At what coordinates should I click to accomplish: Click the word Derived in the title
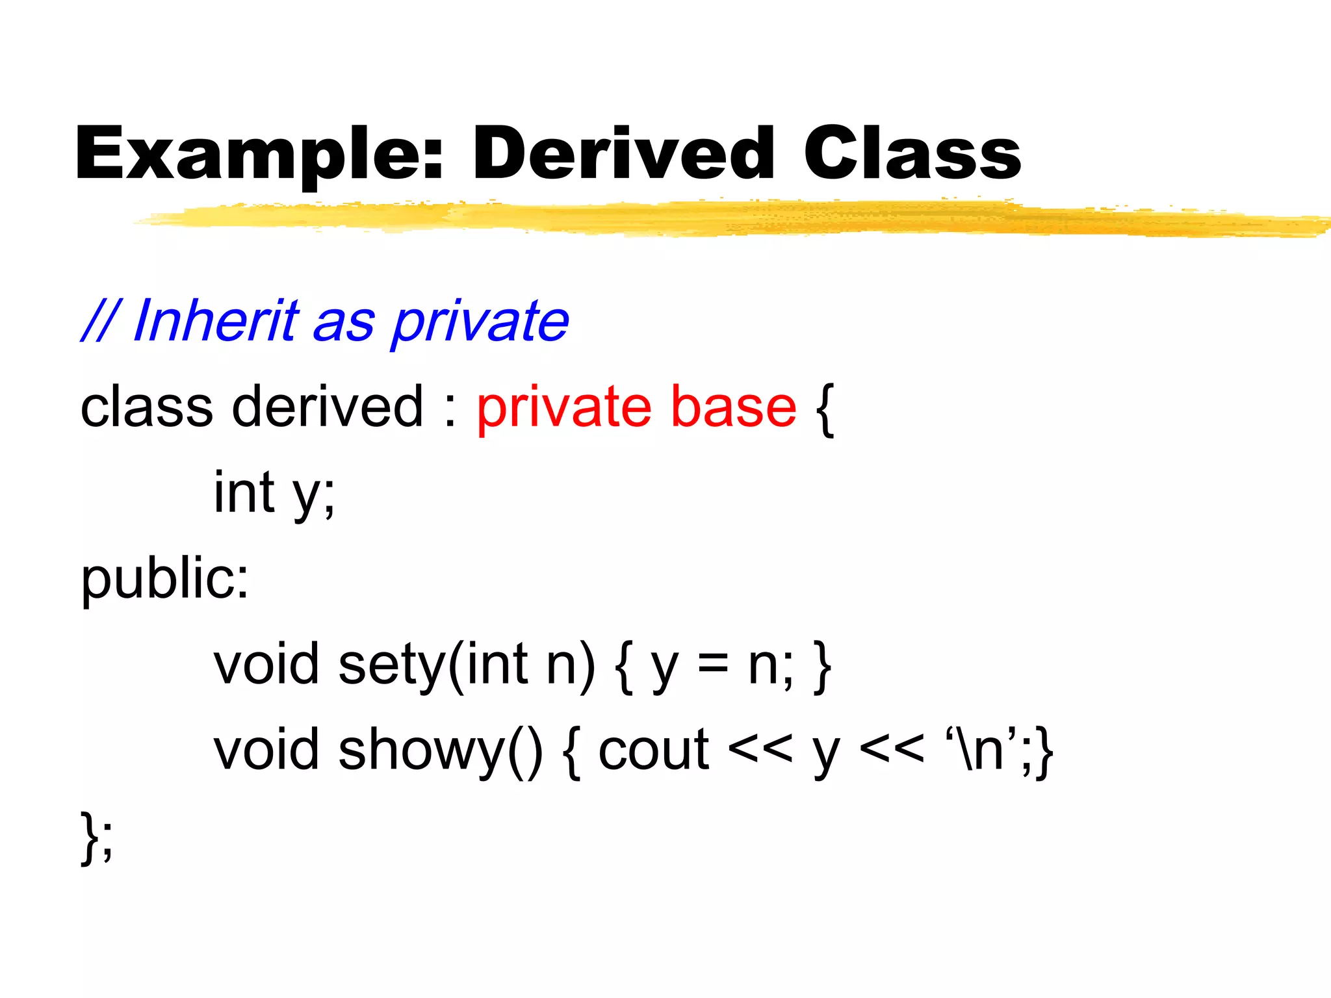(623, 154)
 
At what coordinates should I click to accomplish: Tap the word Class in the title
(911, 154)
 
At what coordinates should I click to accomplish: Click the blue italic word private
(480, 322)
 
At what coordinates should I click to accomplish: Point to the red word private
(563, 408)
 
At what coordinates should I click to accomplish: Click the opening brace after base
(824, 409)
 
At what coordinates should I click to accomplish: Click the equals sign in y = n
(713, 665)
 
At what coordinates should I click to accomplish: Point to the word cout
(653, 751)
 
